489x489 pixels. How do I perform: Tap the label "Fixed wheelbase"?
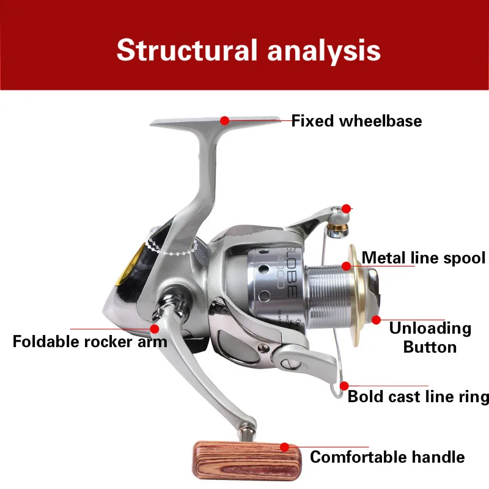pyautogui.click(x=356, y=121)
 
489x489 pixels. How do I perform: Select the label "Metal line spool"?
pyautogui.click(x=424, y=258)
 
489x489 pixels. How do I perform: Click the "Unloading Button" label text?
pyautogui.click(x=430, y=337)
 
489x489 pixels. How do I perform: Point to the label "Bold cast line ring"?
pyautogui.click(x=418, y=397)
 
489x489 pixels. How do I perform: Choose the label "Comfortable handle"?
pyautogui.click(x=387, y=457)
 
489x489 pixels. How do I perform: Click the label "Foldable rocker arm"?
pyautogui.click(x=89, y=341)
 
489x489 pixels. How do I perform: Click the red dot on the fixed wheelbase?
pyautogui.click(x=225, y=120)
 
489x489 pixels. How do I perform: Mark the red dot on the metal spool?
pyautogui.click(x=347, y=266)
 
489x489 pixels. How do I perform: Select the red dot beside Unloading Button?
pyautogui.click(x=376, y=319)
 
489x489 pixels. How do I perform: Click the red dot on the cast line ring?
pyautogui.click(x=344, y=386)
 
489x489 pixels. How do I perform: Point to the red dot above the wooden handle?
pyautogui.click(x=285, y=447)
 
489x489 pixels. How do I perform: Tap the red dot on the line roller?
pyautogui.click(x=347, y=208)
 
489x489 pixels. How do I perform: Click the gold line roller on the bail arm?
pyautogui.click(x=336, y=230)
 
